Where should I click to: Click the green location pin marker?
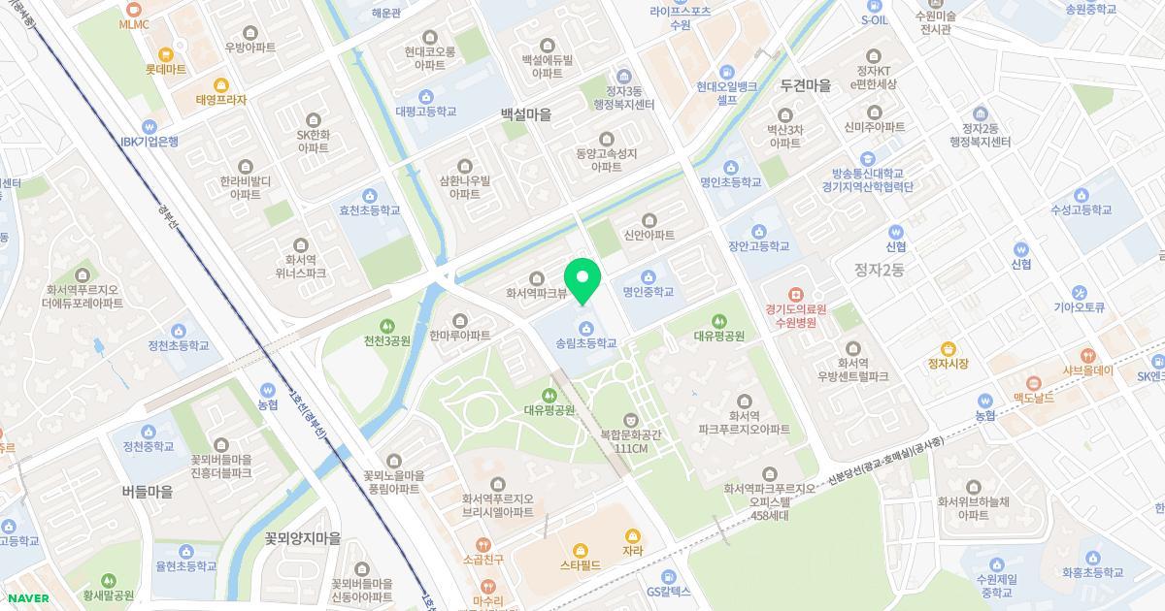[x=582, y=279]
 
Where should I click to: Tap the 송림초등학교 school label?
[x=586, y=343]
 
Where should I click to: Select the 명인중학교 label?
[x=649, y=291]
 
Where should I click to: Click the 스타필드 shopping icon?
[x=581, y=550]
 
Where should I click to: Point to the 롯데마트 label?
[x=165, y=69]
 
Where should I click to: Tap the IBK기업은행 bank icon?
[x=149, y=126]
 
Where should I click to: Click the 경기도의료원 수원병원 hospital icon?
[x=795, y=293]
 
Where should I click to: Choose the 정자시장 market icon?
[x=949, y=349]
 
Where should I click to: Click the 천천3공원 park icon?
[x=387, y=326]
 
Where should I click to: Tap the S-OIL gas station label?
[x=874, y=19]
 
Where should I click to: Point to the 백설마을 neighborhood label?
[x=525, y=114]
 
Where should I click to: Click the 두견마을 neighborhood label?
[x=805, y=85]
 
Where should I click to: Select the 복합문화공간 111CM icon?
[x=631, y=420]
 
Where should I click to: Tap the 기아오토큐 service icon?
[x=1080, y=292]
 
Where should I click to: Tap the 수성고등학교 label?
[x=1081, y=209]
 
